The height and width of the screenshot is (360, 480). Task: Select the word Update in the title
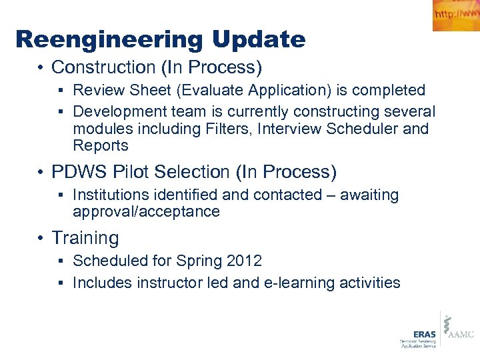tap(259, 40)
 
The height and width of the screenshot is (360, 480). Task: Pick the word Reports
tap(101, 145)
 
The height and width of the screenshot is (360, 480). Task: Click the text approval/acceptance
tap(146, 212)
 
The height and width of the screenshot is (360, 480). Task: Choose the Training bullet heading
tap(85, 238)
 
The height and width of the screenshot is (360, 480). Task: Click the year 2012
tap(245, 261)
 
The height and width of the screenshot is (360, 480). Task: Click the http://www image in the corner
tap(456, 15)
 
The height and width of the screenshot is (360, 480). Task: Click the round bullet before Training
tap(41, 239)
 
